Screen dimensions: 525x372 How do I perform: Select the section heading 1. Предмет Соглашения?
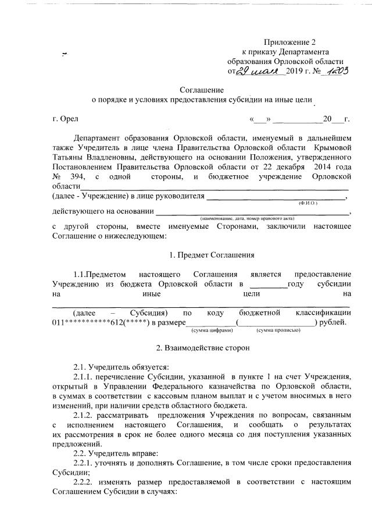[201, 254]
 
